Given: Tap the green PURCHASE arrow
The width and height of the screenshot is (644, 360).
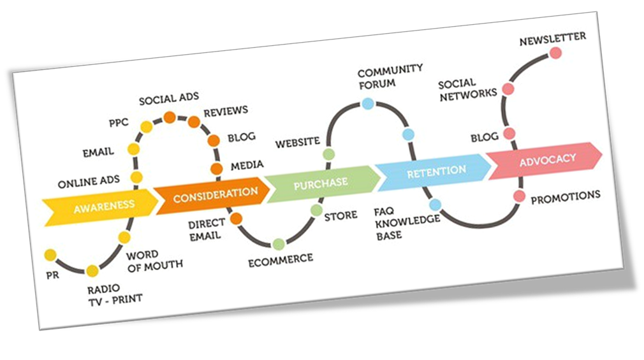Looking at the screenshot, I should pyautogui.click(x=320, y=183).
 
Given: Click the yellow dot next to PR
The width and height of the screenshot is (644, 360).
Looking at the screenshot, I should pyautogui.click(x=50, y=256).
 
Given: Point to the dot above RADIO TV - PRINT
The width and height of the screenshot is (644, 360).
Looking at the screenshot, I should pyautogui.click(x=92, y=271).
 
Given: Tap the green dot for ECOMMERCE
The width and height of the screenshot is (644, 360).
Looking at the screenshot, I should pyautogui.click(x=278, y=244).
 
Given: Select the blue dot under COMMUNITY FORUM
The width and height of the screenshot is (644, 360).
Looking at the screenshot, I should pyautogui.click(x=367, y=103).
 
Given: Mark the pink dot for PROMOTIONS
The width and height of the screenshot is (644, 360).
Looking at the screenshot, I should pyautogui.click(x=519, y=196).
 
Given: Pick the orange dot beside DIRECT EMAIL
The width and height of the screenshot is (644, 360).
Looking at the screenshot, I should pyautogui.click(x=236, y=219).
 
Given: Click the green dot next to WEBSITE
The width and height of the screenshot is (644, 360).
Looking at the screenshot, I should pyautogui.click(x=328, y=154).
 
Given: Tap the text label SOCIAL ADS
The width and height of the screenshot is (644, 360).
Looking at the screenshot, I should pyautogui.click(x=168, y=99).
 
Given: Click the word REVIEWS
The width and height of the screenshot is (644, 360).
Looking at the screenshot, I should pyautogui.click(x=225, y=112).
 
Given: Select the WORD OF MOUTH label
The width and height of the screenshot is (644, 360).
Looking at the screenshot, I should pyautogui.click(x=154, y=260).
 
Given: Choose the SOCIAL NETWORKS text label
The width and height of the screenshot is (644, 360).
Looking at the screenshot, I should pyautogui.click(x=467, y=87).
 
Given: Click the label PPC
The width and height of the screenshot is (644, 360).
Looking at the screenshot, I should pyautogui.click(x=119, y=122).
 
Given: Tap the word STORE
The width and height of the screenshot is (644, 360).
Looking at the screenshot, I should pyautogui.click(x=340, y=215).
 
